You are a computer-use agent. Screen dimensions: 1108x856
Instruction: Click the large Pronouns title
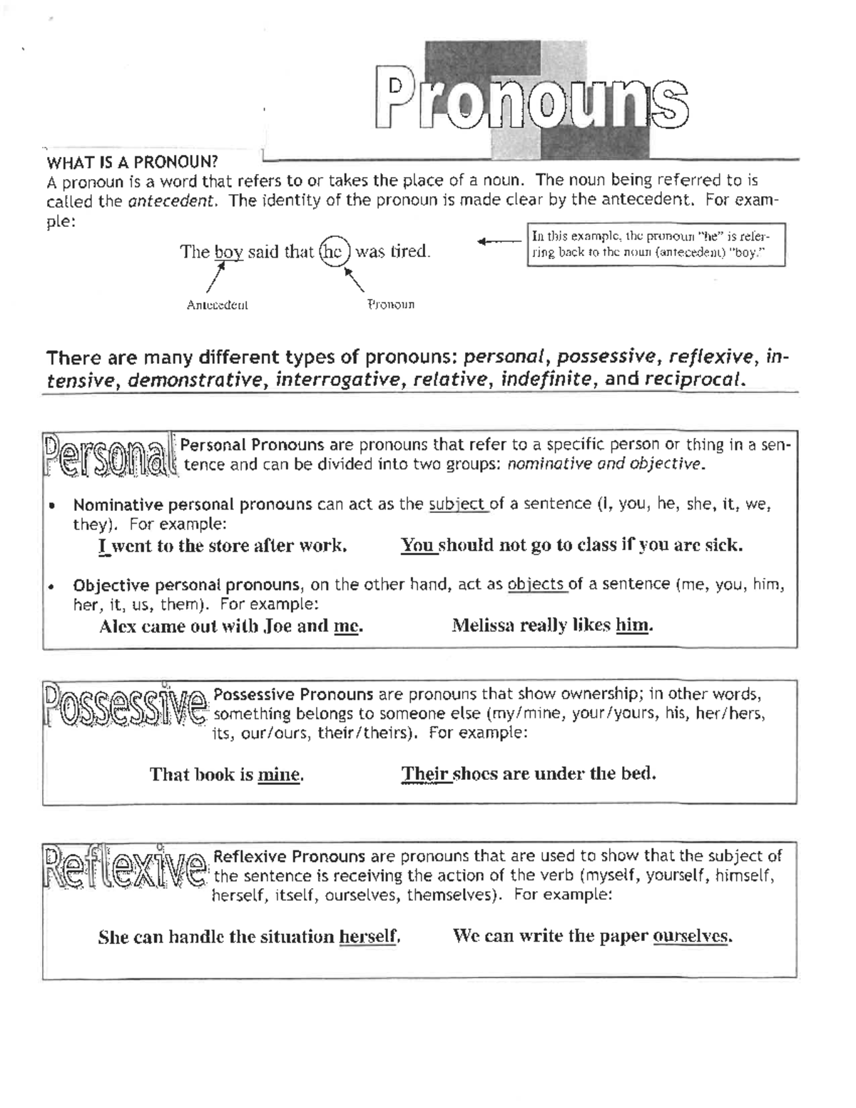point(531,103)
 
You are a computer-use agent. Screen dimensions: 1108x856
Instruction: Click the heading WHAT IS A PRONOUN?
point(132,161)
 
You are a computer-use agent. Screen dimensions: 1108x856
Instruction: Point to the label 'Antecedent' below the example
point(217,305)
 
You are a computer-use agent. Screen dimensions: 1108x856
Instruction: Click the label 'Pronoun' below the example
point(391,305)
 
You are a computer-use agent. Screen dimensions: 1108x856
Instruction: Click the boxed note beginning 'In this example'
point(656,245)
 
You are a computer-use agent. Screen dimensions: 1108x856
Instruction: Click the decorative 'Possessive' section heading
point(126,705)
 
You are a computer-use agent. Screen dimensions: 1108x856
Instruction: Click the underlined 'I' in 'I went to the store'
point(103,547)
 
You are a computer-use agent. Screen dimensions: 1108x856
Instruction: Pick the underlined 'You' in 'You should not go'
point(417,546)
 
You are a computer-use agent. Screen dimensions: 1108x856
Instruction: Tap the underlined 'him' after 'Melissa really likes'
point(632,626)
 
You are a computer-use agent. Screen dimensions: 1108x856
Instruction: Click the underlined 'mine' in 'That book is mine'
point(278,775)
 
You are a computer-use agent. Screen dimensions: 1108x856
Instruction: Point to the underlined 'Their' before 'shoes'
point(425,774)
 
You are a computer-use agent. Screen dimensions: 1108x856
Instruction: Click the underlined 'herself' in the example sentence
point(367,937)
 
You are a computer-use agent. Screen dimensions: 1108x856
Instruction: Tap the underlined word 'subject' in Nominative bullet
point(457,504)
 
